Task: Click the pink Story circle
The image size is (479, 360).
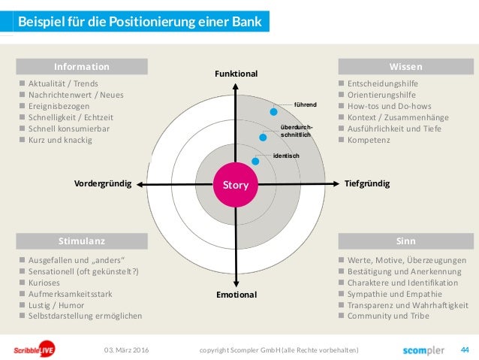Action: tap(236, 183)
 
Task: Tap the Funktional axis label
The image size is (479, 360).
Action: tap(236, 74)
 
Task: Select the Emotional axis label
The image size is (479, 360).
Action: tap(236, 295)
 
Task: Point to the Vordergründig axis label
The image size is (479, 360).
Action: tap(103, 183)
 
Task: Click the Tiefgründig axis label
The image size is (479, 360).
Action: tap(367, 183)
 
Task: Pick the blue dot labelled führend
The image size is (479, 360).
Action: tap(274, 111)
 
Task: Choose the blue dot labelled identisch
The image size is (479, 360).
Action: tap(256, 161)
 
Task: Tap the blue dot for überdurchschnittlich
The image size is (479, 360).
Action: tap(264, 136)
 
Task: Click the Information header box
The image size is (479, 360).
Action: tap(82, 66)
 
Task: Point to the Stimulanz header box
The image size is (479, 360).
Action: tap(82, 241)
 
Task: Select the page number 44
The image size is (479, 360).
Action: tap(464, 349)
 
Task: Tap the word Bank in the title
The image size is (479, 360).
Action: tap(247, 22)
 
